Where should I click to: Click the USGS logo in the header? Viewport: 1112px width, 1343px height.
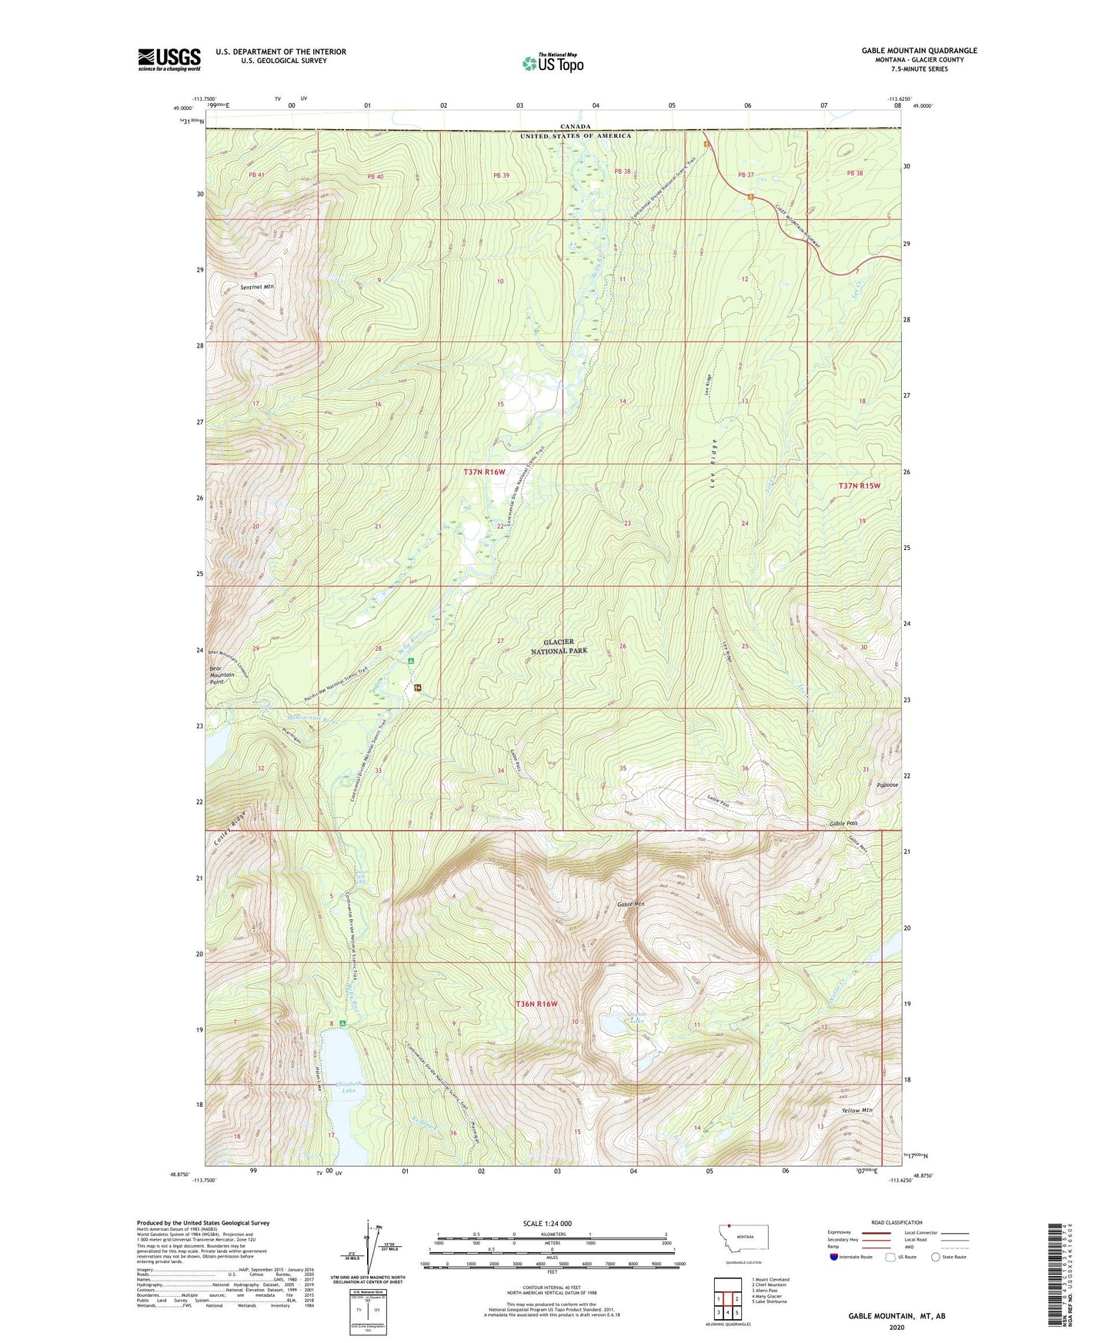(x=169, y=59)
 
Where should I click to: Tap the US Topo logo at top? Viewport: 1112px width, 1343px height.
(x=553, y=62)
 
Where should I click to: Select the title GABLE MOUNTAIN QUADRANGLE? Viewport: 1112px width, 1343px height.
(x=919, y=51)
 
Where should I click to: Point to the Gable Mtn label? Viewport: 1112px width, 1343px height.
(x=629, y=905)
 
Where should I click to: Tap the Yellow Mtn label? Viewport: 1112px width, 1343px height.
(x=857, y=1111)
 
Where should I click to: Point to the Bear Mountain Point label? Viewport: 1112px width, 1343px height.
(x=222, y=675)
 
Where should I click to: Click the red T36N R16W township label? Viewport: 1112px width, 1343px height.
(x=536, y=1005)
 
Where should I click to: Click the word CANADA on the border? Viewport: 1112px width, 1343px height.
(x=575, y=126)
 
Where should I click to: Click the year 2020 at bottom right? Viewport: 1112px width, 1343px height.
(x=897, y=1328)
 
